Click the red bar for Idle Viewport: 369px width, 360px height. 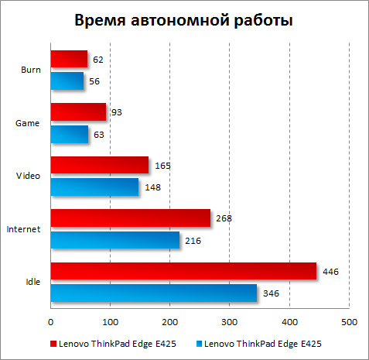pos(183,271)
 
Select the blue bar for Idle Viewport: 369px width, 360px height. pos(153,293)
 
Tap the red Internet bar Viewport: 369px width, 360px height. pos(130,218)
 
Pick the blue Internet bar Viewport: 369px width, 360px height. pos(114,240)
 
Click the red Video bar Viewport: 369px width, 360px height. pos(99,165)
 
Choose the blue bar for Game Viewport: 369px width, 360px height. pos(69,134)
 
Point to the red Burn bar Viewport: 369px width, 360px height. pos(69,59)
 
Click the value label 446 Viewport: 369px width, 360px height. pos(331,272)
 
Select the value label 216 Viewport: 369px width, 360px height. pos(194,241)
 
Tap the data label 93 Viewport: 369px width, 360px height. pos(117,112)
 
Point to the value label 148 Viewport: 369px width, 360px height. pos(153,187)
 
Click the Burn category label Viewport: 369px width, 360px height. pos(32,70)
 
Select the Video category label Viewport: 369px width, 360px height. pos(29,176)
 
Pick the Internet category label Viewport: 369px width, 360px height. pos(25,229)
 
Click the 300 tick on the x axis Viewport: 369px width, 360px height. pos(229,321)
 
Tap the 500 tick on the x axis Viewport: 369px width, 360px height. pos(349,321)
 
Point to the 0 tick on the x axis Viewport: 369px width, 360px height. pos(50,321)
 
